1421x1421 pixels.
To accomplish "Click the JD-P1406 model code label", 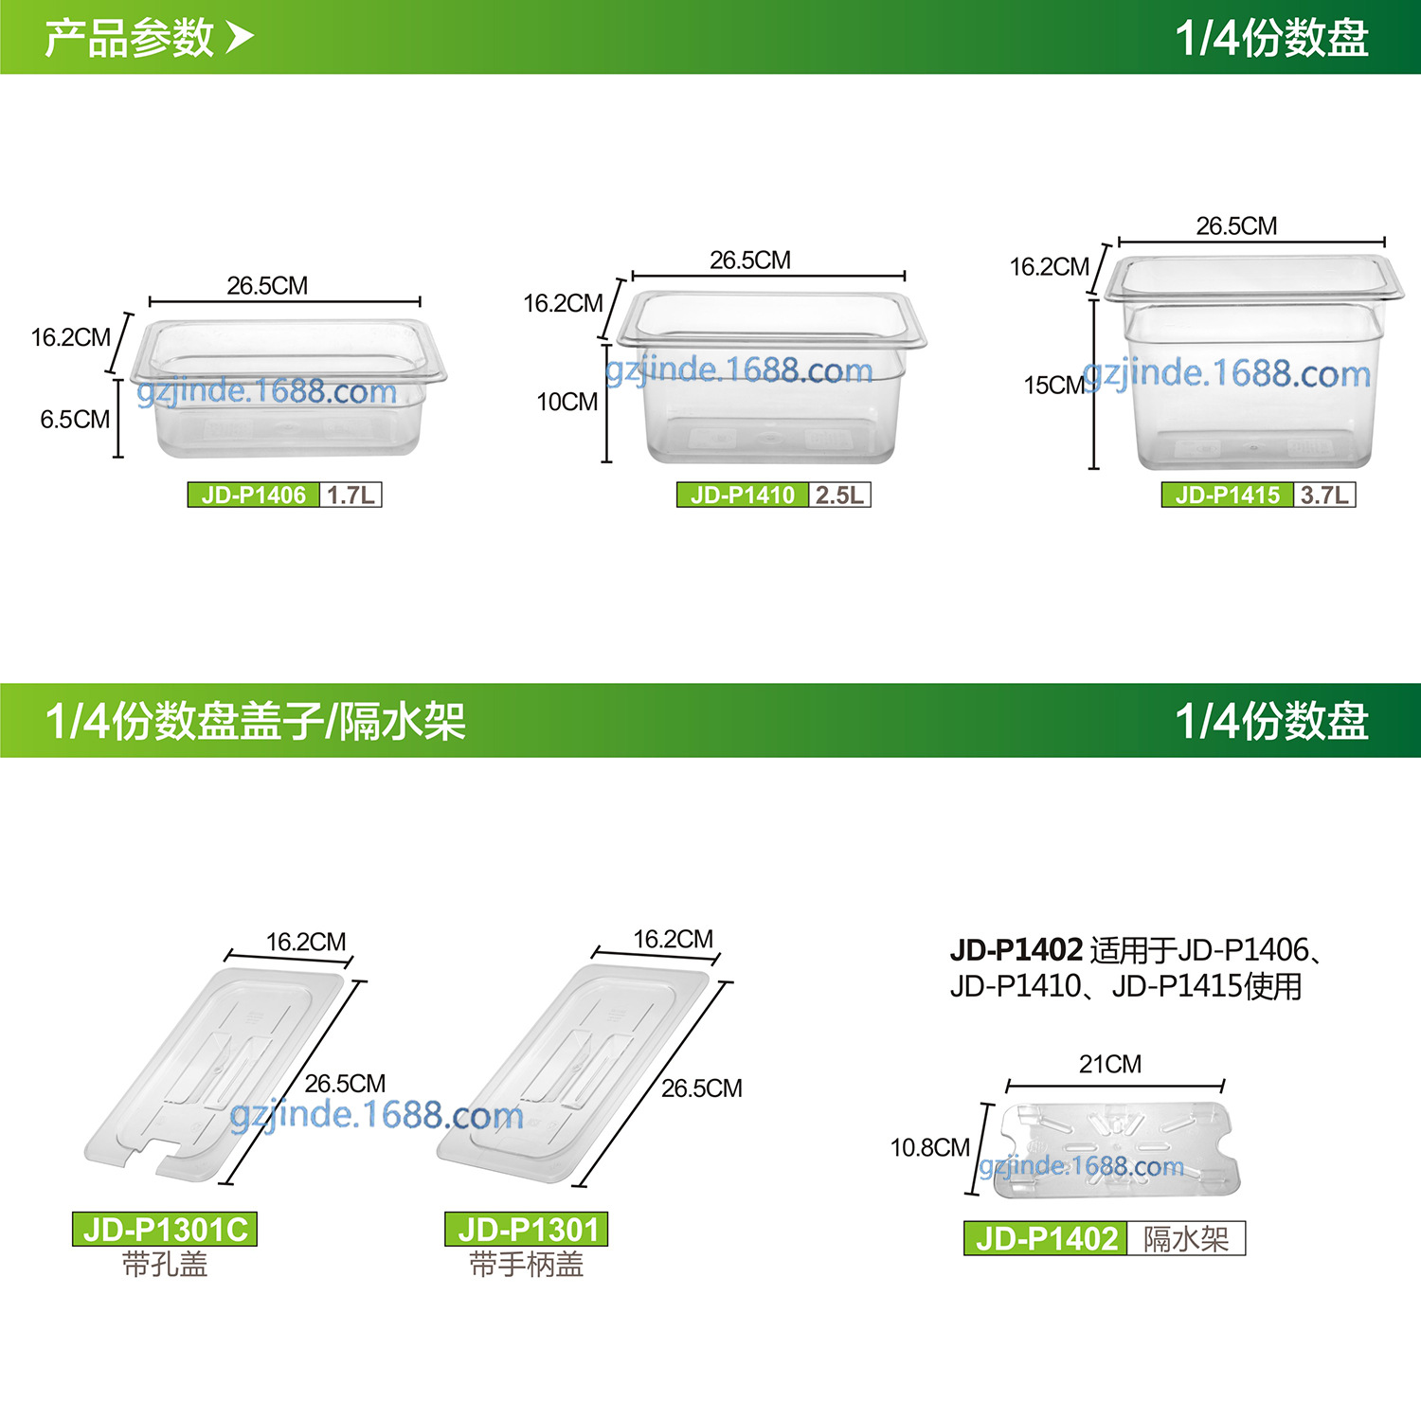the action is (253, 495).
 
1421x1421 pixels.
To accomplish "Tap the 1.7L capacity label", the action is (351, 495).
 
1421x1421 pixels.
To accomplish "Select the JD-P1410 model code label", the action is (743, 495).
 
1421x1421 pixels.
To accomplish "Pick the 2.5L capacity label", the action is (839, 495).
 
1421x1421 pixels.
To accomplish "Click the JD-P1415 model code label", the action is (1228, 495).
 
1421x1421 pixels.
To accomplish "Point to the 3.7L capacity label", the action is (1324, 495).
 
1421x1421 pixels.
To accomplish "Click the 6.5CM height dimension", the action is (75, 420).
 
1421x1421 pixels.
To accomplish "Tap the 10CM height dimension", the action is (567, 402).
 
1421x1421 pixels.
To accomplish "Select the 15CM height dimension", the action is (1053, 386).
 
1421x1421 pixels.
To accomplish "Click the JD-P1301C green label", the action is (165, 1230).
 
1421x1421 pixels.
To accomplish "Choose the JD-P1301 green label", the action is (527, 1230).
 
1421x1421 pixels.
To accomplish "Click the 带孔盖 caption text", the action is (165, 1265).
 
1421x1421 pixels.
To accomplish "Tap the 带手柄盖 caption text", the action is (527, 1265).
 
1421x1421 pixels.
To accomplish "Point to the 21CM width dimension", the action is (1110, 1065).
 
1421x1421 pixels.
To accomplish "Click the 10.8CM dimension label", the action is (930, 1148).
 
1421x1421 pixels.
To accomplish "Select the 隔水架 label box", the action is (1186, 1238).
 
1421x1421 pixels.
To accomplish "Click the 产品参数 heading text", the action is (130, 38).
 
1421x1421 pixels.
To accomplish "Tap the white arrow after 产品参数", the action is (240, 38).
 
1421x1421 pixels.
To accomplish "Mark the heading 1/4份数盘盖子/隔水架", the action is (256, 721).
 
